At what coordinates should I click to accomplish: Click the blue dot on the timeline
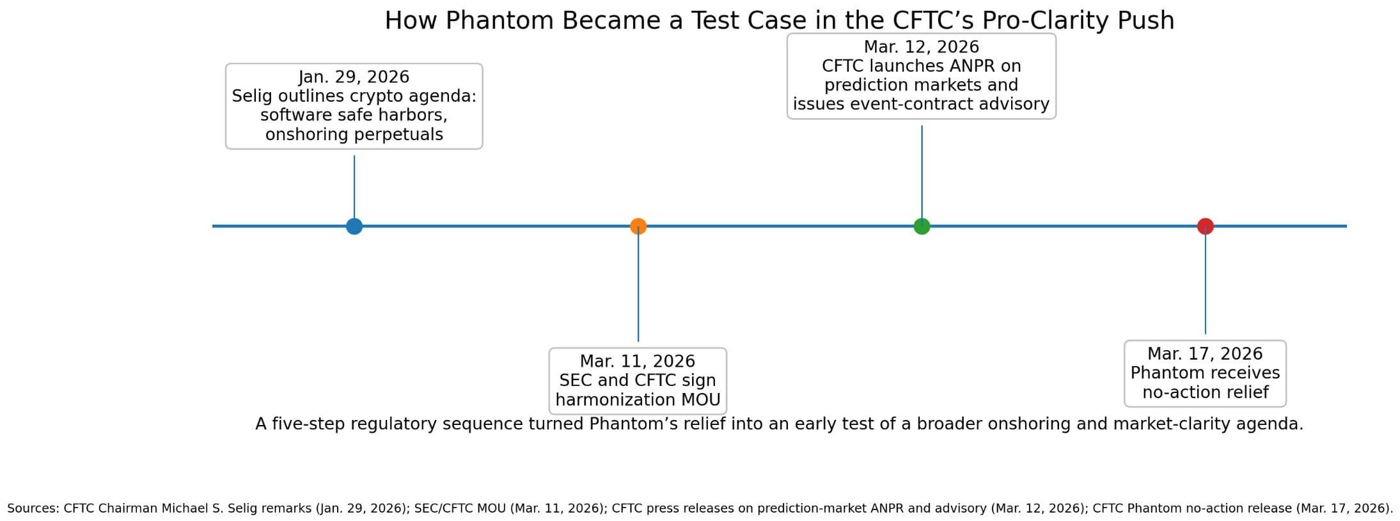354,226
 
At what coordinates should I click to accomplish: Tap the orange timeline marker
638,226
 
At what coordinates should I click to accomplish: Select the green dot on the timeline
922,226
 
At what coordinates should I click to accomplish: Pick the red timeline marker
1206,226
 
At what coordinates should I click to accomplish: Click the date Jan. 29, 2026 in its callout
354,77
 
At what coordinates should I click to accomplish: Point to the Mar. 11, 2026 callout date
638,361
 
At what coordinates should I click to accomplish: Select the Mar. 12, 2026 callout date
922,47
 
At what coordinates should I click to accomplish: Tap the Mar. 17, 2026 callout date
1205,354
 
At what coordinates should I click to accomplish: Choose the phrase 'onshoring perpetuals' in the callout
354,134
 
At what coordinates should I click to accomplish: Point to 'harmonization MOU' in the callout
638,400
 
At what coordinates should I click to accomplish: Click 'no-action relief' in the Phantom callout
1205,392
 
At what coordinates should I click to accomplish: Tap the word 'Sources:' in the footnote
33,508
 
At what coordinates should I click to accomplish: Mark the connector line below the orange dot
638,288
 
